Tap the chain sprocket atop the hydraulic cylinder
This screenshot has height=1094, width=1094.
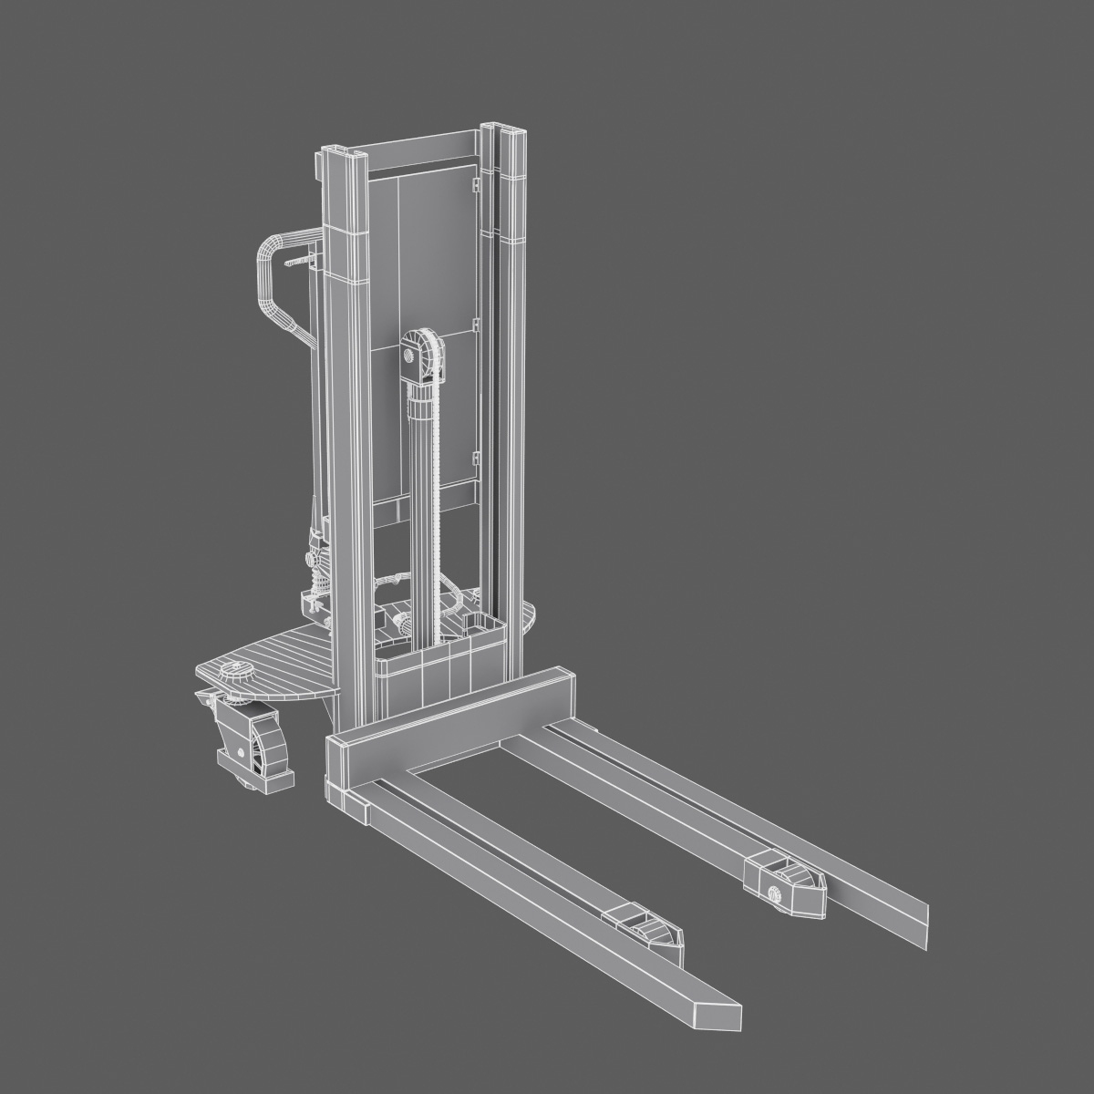(x=420, y=352)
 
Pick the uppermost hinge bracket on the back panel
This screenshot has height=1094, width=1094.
(x=474, y=186)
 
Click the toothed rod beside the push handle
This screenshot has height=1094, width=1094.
(x=300, y=263)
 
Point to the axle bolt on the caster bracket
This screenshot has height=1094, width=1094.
(x=241, y=753)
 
